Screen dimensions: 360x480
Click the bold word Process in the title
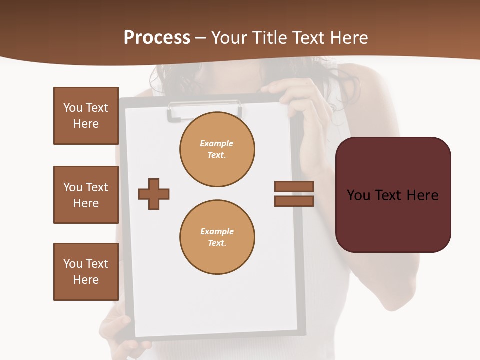(x=157, y=38)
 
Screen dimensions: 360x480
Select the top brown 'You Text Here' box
(x=86, y=116)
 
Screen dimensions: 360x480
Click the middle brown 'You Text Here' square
(x=86, y=195)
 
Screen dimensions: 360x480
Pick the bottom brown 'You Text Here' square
(x=86, y=272)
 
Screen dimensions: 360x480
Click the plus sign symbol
(x=154, y=194)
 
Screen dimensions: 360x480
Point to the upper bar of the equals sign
(x=294, y=186)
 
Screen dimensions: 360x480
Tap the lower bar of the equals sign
(x=294, y=201)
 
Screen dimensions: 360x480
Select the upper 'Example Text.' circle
(x=217, y=149)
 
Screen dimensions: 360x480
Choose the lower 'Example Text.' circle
(x=217, y=237)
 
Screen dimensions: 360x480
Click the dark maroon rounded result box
(x=393, y=195)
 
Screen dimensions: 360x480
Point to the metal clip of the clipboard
(x=204, y=109)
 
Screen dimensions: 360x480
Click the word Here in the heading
(x=348, y=38)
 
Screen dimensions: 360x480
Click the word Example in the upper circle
(x=217, y=143)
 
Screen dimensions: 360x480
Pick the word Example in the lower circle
(x=217, y=231)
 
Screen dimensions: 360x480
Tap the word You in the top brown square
(x=72, y=108)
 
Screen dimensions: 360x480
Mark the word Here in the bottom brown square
(x=86, y=280)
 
